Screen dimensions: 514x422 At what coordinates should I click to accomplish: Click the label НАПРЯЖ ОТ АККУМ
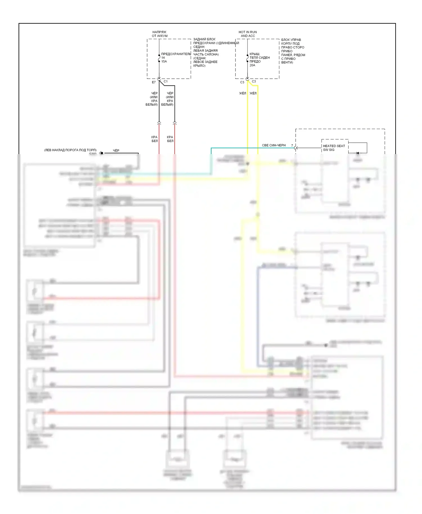(160, 34)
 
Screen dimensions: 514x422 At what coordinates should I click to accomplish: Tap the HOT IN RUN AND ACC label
(248, 34)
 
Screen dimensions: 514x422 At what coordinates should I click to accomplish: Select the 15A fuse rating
(164, 62)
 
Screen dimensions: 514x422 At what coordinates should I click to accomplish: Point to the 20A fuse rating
(252, 65)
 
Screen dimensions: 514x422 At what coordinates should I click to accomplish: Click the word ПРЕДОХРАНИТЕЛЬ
(176, 54)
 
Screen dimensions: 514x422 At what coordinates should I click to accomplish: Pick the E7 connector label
(154, 82)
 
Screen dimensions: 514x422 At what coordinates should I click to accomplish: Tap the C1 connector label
(166, 82)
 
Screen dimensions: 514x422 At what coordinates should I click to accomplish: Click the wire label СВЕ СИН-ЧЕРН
(274, 145)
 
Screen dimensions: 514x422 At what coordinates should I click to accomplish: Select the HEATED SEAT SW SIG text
(334, 148)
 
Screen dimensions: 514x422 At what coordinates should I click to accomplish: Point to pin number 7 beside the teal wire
(292, 146)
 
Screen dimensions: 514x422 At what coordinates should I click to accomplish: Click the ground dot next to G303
(102, 153)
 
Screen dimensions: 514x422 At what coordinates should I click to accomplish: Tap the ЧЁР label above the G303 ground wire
(116, 151)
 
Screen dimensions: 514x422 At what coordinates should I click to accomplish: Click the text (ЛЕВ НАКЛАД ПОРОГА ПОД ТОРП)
(70, 150)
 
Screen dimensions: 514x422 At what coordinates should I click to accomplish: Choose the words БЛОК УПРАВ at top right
(291, 40)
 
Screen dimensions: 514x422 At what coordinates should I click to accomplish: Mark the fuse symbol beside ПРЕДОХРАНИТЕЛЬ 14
(159, 58)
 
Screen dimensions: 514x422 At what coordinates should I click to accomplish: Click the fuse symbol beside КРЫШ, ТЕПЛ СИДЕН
(248, 58)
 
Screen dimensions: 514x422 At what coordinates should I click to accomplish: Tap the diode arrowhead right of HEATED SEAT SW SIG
(357, 153)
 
